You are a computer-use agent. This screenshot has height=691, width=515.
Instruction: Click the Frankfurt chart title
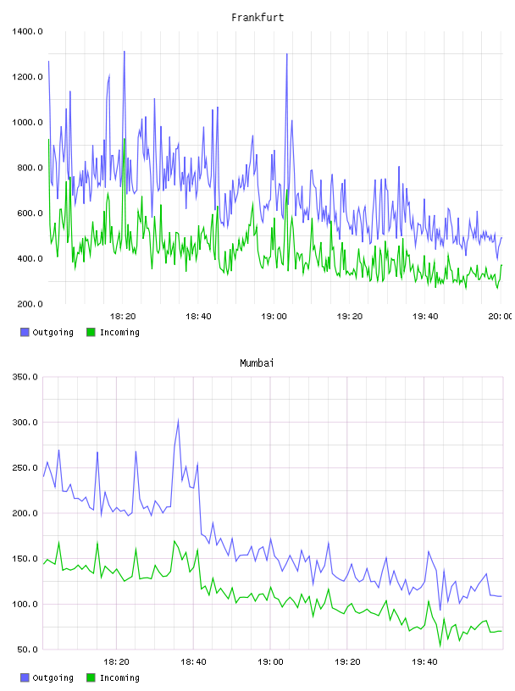pyautogui.click(x=257, y=18)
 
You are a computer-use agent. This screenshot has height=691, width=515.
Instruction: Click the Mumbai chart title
pyautogui.click(x=257, y=363)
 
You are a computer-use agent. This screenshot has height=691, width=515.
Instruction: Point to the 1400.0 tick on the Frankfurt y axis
pyautogui.click(x=27, y=31)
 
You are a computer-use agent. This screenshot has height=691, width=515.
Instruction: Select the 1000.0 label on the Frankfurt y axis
pyautogui.click(x=27, y=123)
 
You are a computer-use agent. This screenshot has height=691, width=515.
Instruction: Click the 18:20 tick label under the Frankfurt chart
pyautogui.click(x=123, y=317)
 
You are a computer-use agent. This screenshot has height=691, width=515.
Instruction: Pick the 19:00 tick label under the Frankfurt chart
pyautogui.click(x=274, y=317)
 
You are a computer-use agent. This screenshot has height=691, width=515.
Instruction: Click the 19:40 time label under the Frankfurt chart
pyautogui.click(x=425, y=317)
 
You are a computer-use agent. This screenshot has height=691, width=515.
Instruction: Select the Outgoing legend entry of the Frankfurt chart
pyautogui.click(x=47, y=332)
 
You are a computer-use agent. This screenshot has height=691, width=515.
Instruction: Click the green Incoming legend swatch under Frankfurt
pyautogui.click(x=91, y=332)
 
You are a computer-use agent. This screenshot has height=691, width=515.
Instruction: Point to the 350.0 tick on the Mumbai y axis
pyautogui.click(x=25, y=377)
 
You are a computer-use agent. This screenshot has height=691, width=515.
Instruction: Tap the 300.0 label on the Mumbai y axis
pyautogui.click(x=25, y=423)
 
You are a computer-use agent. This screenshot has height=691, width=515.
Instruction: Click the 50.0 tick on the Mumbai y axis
pyautogui.click(x=28, y=650)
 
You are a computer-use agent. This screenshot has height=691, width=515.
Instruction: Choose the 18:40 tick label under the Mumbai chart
pyautogui.click(x=193, y=662)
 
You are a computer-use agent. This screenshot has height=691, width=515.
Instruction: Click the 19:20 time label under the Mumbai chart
pyautogui.click(x=347, y=662)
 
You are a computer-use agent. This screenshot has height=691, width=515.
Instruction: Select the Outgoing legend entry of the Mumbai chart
pyautogui.click(x=47, y=677)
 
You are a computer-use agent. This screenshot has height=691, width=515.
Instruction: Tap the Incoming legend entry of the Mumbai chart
pyautogui.click(x=113, y=677)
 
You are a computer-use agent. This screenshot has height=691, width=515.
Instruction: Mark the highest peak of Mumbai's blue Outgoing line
pyautogui.click(x=178, y=419)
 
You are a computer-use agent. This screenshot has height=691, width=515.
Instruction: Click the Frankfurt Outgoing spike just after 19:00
pyautogui.click(x=287, y=54)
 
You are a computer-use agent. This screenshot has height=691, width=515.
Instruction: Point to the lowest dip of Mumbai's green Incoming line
pyautogui.click(x=440, y=646)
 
